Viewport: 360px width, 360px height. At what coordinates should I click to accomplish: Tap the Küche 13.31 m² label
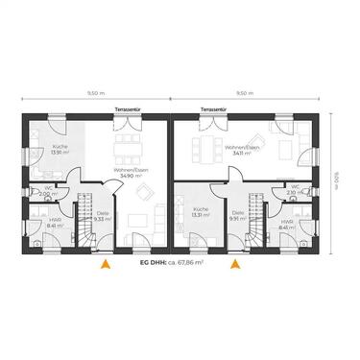pos(200,213)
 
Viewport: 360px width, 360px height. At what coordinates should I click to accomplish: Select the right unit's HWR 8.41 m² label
pos(287,226)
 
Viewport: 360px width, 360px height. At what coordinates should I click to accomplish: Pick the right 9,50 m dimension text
pos(245,93)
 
